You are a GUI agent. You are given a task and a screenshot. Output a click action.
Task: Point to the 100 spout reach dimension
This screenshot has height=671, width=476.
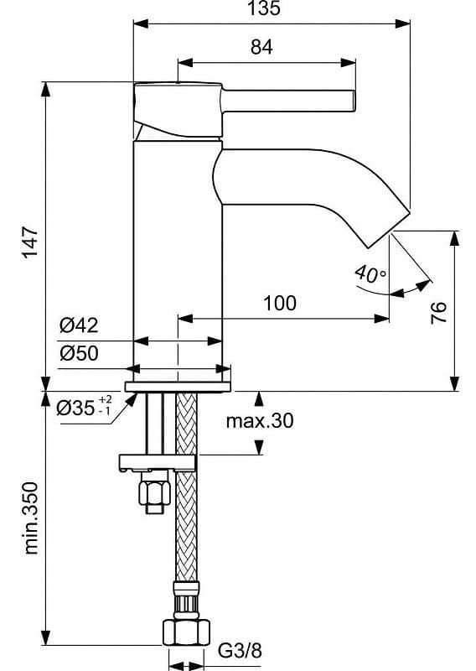[279, 303]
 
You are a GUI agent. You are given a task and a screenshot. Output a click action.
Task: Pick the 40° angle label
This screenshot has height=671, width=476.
[370, 274]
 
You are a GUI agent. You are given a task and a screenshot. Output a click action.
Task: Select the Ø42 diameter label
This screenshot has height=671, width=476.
[80, 326]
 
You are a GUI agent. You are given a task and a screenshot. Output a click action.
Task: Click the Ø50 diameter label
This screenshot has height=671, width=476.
[80, 353]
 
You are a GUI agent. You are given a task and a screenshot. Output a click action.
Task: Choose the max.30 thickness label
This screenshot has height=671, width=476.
[260, 422]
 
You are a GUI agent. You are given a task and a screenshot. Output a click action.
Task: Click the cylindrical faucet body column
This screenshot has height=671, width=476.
[178, 252]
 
